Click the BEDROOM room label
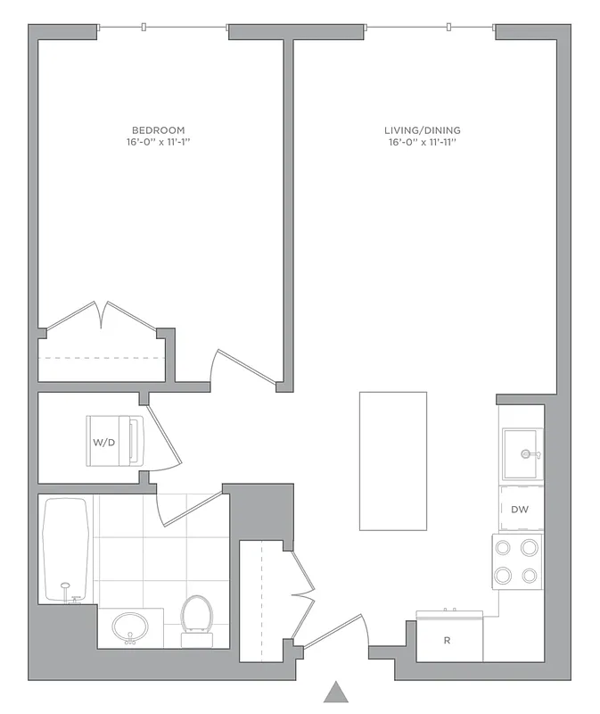click(x=158, y=130)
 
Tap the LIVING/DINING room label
click(x=423, y=130)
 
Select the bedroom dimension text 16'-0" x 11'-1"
click(x=158, y=142)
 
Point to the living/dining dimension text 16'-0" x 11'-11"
click(x=423, y=142)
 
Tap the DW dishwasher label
click(x=521, y=510)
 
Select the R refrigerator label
click(x=448, y=641)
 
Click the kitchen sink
click(x=522, y=454)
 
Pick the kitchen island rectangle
click(x=392, y=461)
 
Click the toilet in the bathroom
click(x=196, y=617)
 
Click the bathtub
click(x=66, y=548)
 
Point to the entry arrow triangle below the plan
click(x=335, y=692)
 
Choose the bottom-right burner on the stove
click(x=530, y=575)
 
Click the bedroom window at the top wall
click(x=163, y=29)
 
